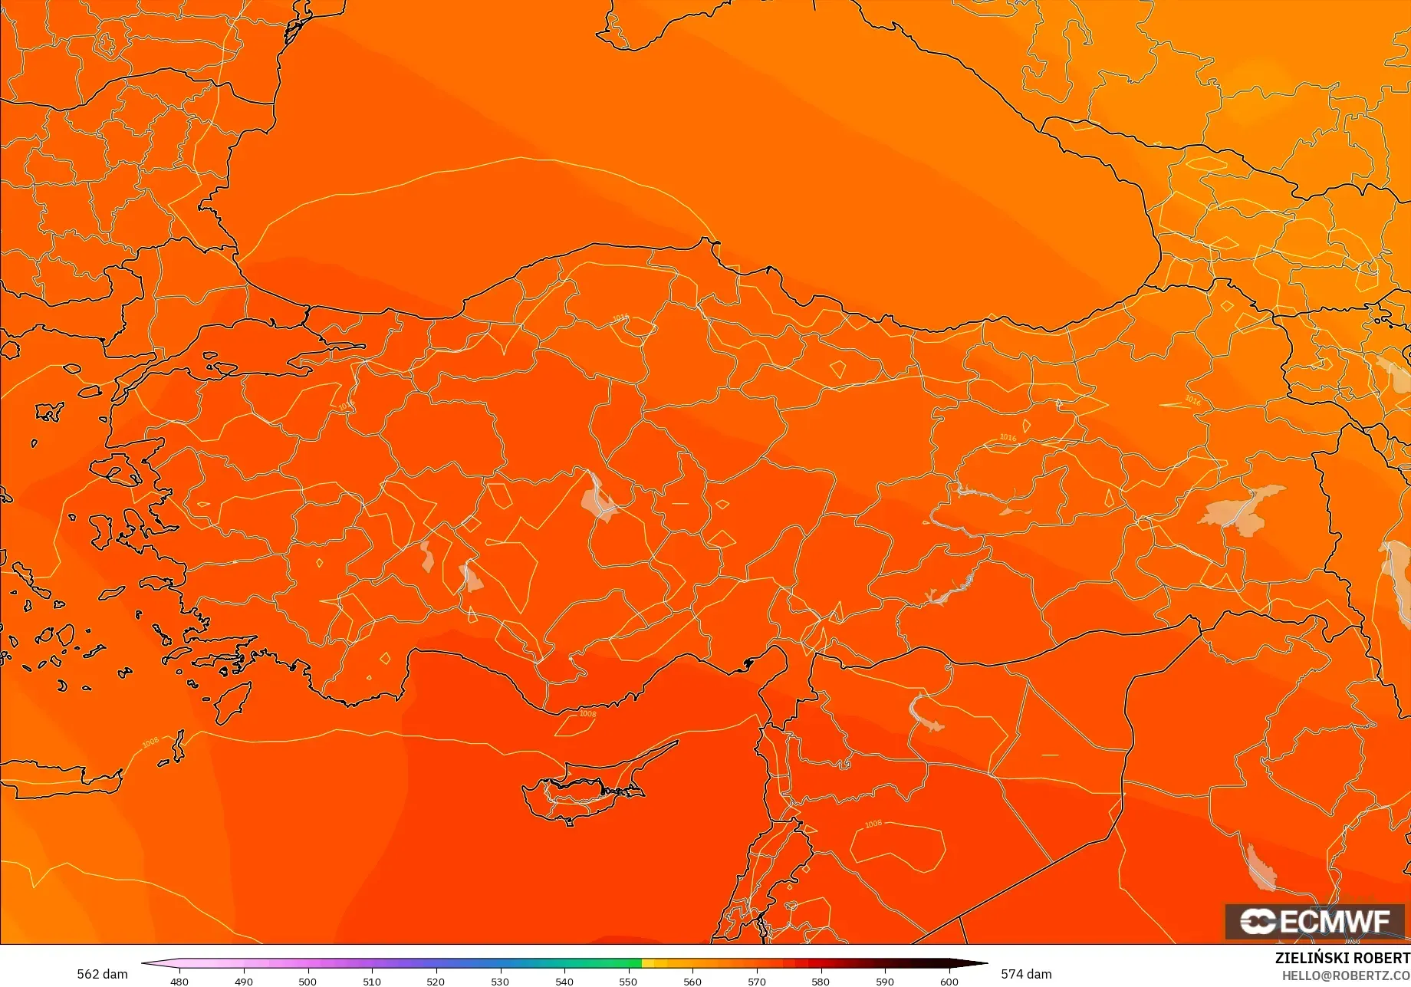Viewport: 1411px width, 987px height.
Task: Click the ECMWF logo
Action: (x=1314, y=921)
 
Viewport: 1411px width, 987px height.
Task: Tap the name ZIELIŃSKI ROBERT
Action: (x=1342, y=958)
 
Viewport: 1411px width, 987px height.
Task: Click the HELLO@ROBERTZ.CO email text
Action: (x=1346, y=975)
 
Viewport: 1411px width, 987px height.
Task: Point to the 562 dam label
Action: (x=102, y=974)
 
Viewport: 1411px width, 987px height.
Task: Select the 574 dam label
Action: (x=1026, y=974)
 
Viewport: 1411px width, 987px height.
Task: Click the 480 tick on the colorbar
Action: (x=179, y=981)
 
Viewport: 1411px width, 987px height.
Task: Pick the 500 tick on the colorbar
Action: (x=308, y=981)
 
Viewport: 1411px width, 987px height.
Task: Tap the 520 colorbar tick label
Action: (x=436, y=981)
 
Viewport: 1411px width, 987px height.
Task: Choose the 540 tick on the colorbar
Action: (x=564, y=981)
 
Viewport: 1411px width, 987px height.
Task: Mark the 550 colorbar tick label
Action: (x=628, y=981)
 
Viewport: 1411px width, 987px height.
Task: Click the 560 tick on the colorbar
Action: (x=692, y=981)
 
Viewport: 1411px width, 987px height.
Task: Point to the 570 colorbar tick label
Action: (x=757, y=981)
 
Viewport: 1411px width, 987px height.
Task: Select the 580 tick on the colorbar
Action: (x=821, y=981)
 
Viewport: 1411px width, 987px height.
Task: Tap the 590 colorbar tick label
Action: (x=885, y=981)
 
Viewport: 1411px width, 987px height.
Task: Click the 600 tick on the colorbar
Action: (x=949, y=981)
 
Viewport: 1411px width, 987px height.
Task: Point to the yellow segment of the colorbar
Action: (x=652, y=963)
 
